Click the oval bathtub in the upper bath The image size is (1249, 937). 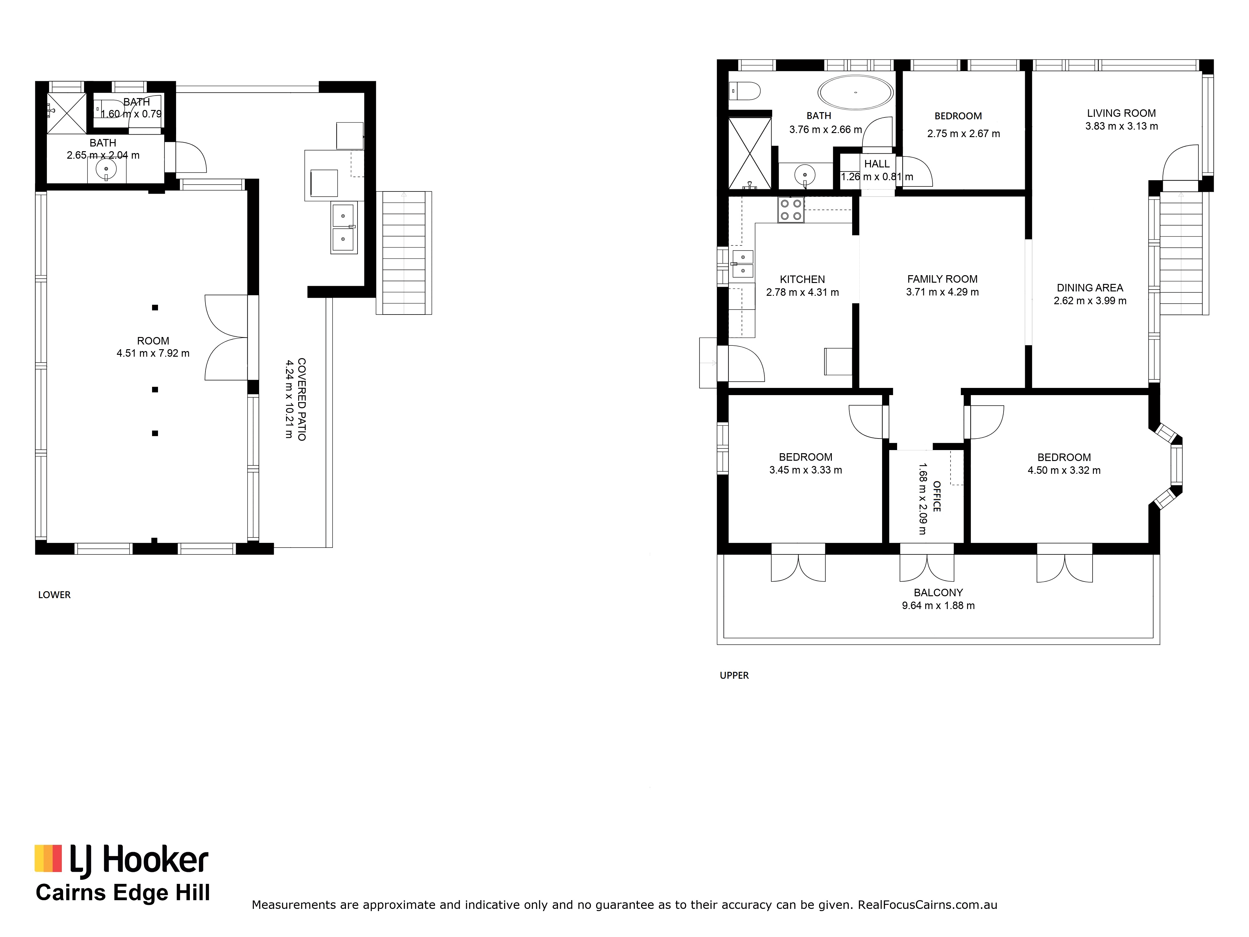(856, 92)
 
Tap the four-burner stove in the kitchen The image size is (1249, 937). (791, 210)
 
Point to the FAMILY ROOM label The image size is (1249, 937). (942, 279)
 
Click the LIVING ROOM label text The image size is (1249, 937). (1121, 113)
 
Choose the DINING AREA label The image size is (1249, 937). (1090, 287)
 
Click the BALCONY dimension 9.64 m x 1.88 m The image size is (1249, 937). (938, 606)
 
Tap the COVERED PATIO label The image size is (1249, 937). (302, 399)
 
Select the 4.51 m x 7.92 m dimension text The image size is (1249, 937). (153, 354)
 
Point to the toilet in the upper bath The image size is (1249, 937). (744, 90)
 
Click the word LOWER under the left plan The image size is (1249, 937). (54, 595)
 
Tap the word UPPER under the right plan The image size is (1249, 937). (734, 676)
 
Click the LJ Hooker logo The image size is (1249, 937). (121, 862)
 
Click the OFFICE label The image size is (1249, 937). (937, 497)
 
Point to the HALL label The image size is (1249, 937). (877, 164)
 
